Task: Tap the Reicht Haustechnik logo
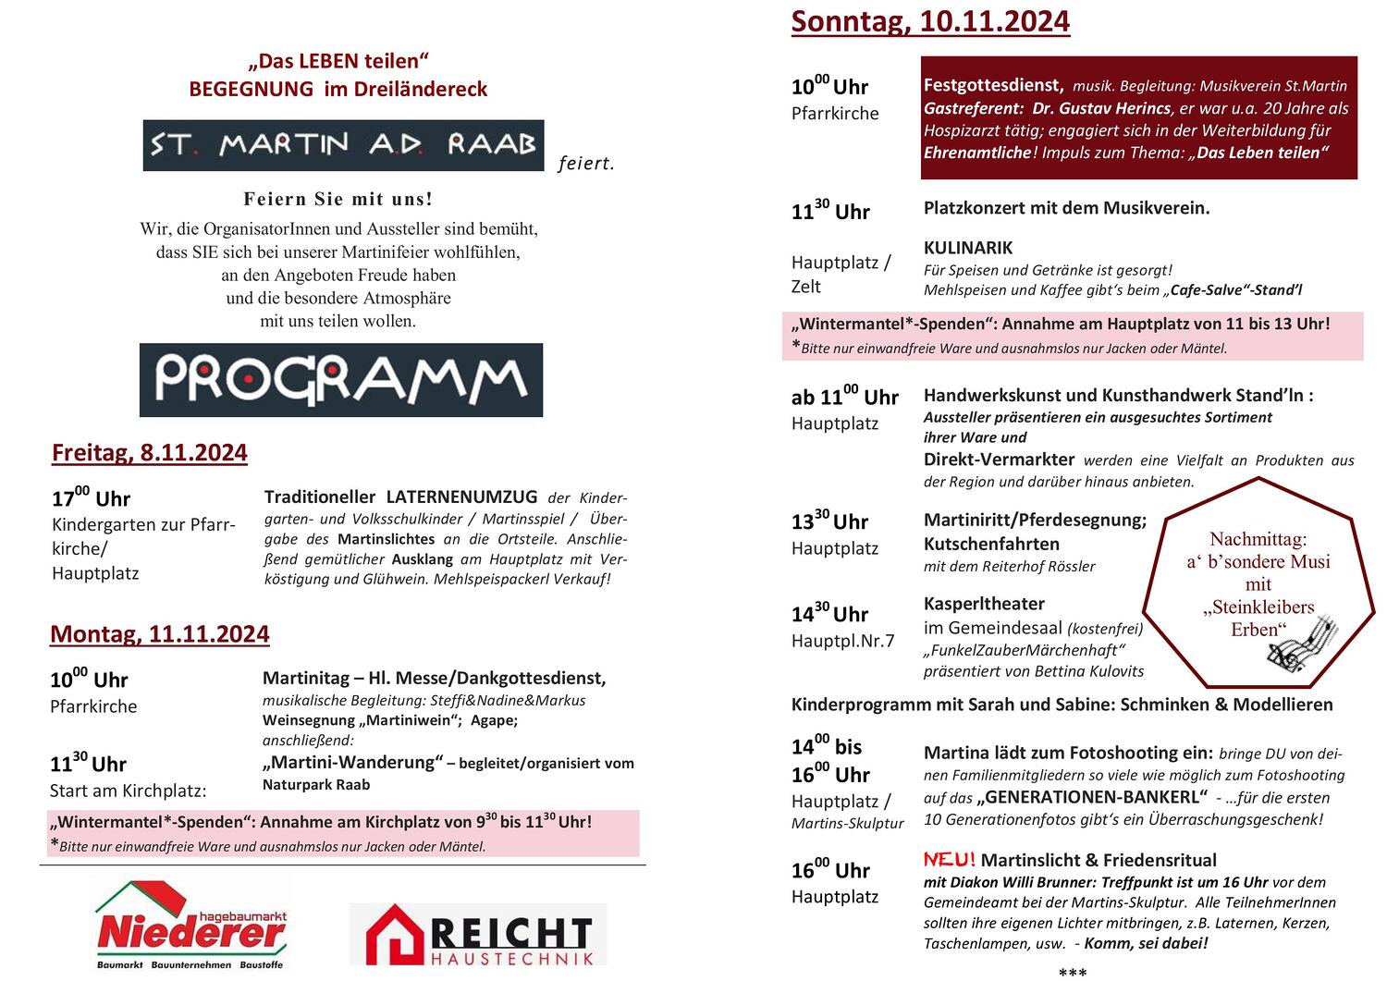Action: point(478,934)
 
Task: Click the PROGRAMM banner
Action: point(341,380)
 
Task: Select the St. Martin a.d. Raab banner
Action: point(343,145)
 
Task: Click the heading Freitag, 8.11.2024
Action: point(150,453)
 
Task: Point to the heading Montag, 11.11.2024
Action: point(160,634)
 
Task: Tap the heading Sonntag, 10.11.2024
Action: point(930,20)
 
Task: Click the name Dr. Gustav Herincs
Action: point(1101,108)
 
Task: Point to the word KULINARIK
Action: point(968,248)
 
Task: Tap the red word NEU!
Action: point(949,860)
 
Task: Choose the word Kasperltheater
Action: point(984,604)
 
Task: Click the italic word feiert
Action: point(586,165)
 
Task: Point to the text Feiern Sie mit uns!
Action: point(338,199)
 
